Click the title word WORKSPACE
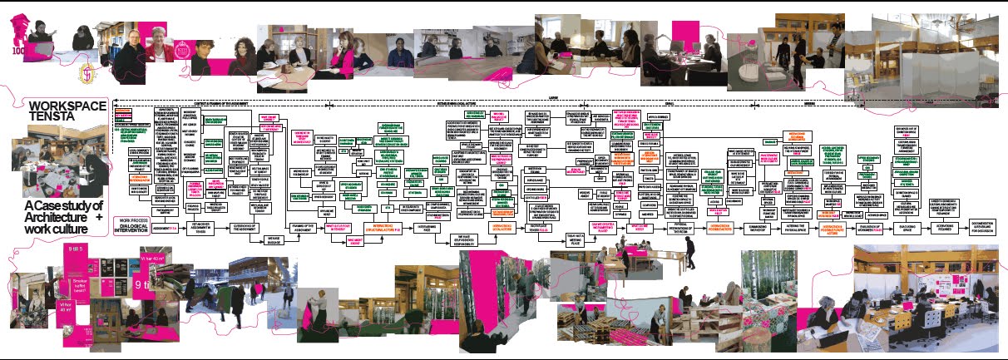coord(67,106)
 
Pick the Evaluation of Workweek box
coord(884,226)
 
